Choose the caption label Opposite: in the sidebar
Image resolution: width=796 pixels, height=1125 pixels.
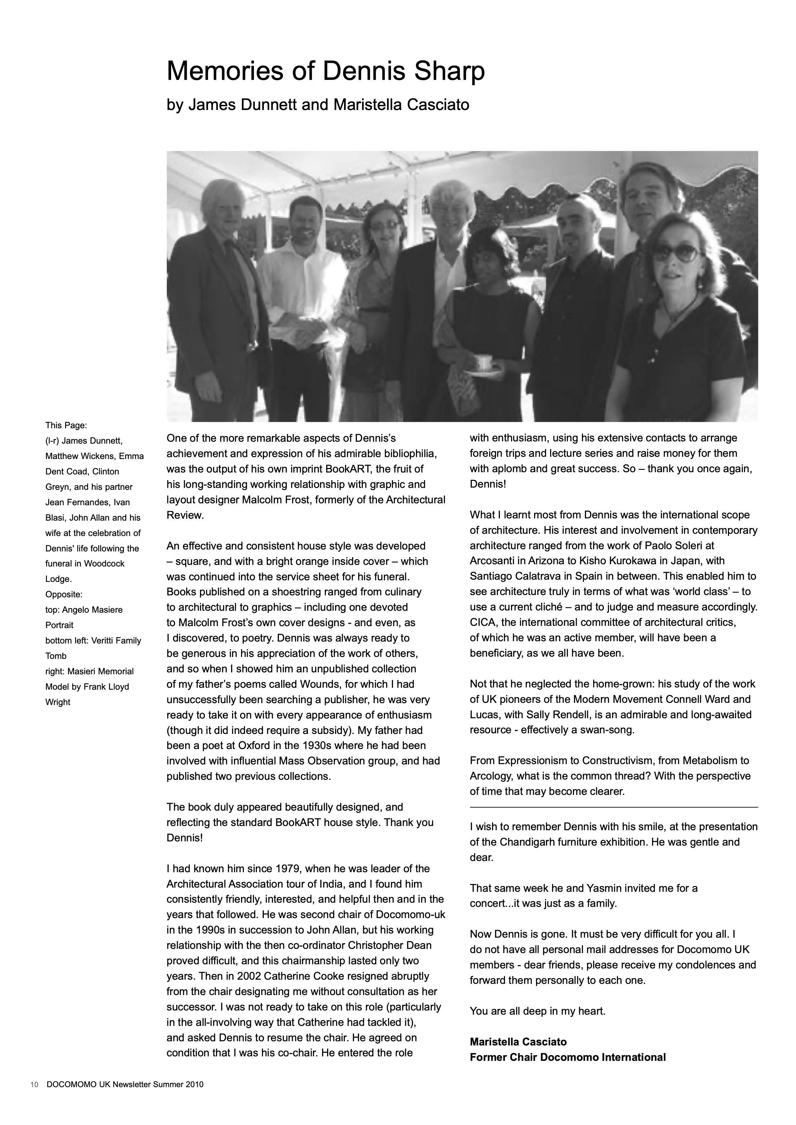pyautogui.click(x=64, y=594)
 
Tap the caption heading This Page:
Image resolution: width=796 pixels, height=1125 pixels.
pyautogui.click(x=66, y=425)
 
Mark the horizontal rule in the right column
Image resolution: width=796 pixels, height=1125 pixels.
pyautogui.click(x=614, y=807)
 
